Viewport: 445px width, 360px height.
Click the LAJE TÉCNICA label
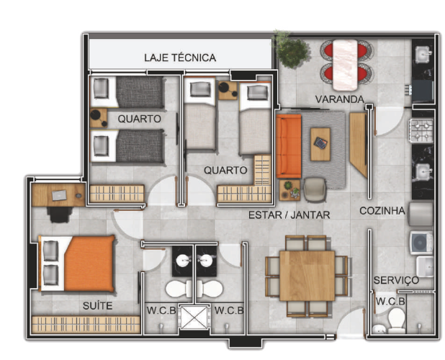click(180, 58)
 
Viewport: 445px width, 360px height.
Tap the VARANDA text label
click(340, 99)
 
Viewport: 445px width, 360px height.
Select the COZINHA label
click(382, 210)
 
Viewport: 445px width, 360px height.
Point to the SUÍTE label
click(97, 305)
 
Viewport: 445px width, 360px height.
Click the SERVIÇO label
click(396, 280)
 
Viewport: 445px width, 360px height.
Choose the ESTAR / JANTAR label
click(289, 215)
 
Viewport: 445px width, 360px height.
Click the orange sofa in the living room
click(289, 146)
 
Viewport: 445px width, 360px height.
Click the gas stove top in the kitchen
click(421, 130)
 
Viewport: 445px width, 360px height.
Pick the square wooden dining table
click(307, 276)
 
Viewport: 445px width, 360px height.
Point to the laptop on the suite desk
click(59, 195)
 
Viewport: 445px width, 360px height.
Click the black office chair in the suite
click(60, 215)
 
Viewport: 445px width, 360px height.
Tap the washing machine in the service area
click(421, 243)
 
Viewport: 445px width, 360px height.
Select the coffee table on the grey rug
click(320, 145)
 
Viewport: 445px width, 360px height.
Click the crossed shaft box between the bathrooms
click(194, 317)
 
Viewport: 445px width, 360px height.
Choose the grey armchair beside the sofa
click(315, 189)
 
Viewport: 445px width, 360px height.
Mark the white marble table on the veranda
click(345, 65)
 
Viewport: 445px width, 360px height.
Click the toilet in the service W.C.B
click(396, 321)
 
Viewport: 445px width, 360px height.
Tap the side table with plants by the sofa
click(289, 190)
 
